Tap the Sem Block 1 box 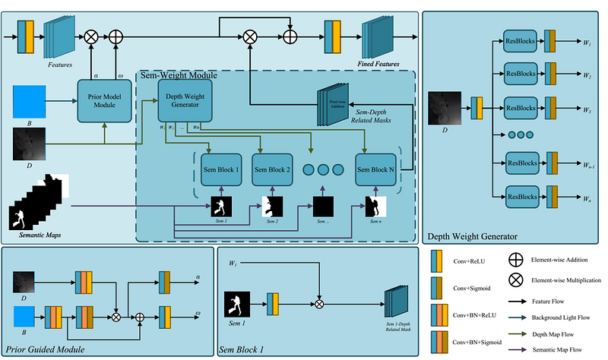coord(220,169)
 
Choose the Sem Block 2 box coord(272,169)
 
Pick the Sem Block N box coord(375,169)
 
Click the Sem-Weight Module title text coord(178,75)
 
